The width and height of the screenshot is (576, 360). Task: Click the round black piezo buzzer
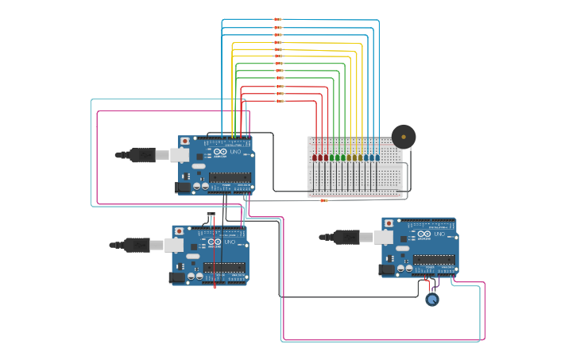[x=404, y=137]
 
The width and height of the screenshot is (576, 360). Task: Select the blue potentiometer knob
[x=431, y=300]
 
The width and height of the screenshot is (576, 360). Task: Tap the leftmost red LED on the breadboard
[x=315, y=157]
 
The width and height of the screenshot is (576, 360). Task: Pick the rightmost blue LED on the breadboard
[x=377, y=157]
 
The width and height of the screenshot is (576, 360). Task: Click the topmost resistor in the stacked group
[x=278, y=19]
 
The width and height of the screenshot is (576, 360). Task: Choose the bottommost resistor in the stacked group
[x=280, y=101]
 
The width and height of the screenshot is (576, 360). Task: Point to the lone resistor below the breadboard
[x=324, y=200]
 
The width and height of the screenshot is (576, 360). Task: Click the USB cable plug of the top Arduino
[x=143, y=155]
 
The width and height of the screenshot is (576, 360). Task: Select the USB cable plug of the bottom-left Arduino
[x=137, y=245]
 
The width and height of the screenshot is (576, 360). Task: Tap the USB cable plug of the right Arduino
[x=348, y=237]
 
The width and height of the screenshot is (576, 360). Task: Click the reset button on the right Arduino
[x=389, y=223]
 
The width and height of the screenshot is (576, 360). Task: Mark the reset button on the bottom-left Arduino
[x=179, y=231]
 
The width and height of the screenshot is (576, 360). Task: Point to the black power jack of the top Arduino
[x=183, y=188]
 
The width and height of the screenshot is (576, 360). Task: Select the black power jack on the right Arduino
[x=388, y=270]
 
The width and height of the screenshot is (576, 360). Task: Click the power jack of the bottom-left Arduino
[x=176, y=277]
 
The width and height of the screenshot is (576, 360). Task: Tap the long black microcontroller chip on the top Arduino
[x=231, y=177]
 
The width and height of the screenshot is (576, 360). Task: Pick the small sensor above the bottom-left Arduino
[x=211, y=215]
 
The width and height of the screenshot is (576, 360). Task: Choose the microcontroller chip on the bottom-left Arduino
[x=224, y=267]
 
